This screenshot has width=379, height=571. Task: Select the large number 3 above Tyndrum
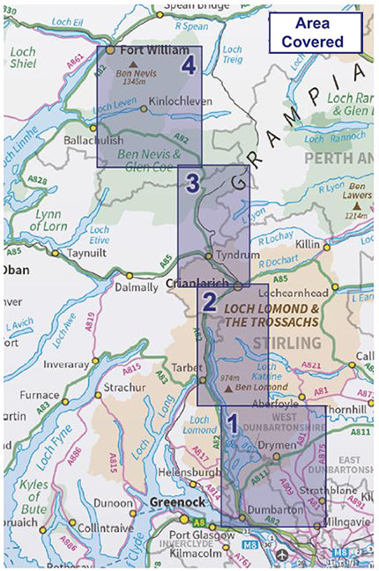click(194, 184)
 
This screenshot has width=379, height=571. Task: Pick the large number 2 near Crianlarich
click(209, 302)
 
